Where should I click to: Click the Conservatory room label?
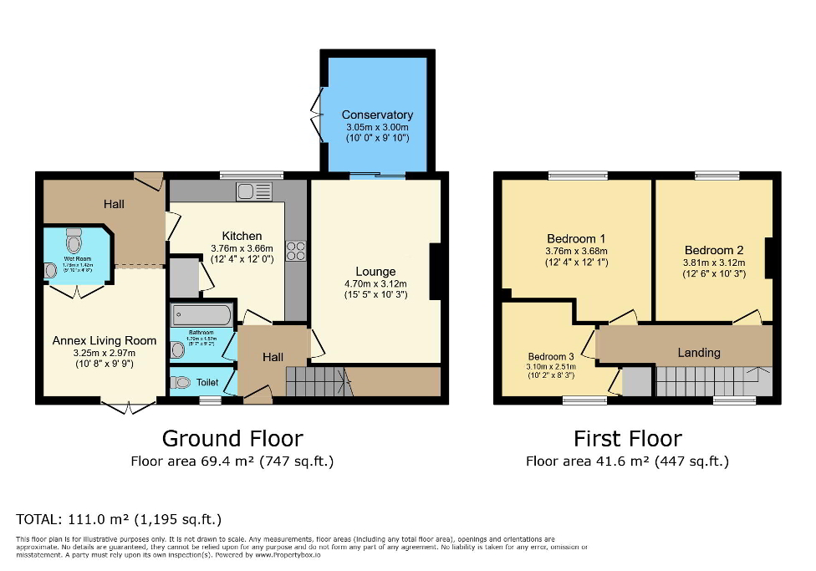(377, 115)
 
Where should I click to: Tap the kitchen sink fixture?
(254, 191)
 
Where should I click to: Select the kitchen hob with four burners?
(295, 251)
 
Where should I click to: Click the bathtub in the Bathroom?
(201, 315)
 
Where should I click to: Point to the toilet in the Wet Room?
(75, 242)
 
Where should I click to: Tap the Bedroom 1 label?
(576, 238)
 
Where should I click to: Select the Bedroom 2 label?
(713, 250)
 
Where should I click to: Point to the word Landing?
(698, 353)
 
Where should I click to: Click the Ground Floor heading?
(232, 438)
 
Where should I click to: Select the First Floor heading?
(627, 438)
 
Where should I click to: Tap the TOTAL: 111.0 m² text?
(119, 518)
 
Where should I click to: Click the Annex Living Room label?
(105, 340)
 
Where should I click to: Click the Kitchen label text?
(242, 236)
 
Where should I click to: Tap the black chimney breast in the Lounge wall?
(436, 271)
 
